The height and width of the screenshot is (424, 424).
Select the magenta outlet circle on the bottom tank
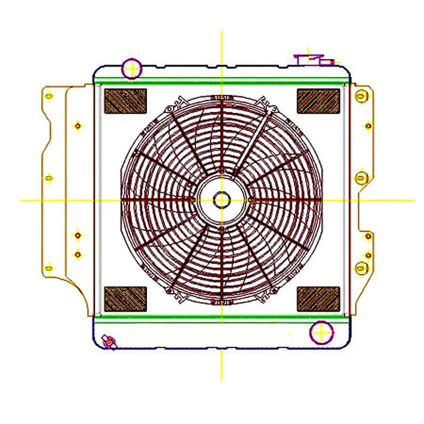[x=321, y=333]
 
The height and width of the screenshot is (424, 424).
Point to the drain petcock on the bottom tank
[x=108, y=342]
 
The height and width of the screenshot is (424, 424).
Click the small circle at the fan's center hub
[x=221, y=201]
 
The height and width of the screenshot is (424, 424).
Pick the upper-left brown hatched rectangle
[x=125, y=101]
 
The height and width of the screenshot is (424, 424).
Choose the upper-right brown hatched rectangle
[x=318, y=101]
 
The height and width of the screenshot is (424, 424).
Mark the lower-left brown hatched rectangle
[x=125, y=299]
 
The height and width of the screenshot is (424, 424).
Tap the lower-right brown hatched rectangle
[x=318, y=299]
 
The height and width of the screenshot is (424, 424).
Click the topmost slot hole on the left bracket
[x=48, y=96]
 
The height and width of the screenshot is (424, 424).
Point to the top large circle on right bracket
[x=361, y=95]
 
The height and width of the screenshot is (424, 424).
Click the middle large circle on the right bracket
[x=362, y=177]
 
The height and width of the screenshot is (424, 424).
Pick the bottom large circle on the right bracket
[x=361, y=267]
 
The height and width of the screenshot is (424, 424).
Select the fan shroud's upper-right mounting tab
[x=272, y=107]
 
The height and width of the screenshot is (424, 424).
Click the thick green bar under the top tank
[x=221, y=81]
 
